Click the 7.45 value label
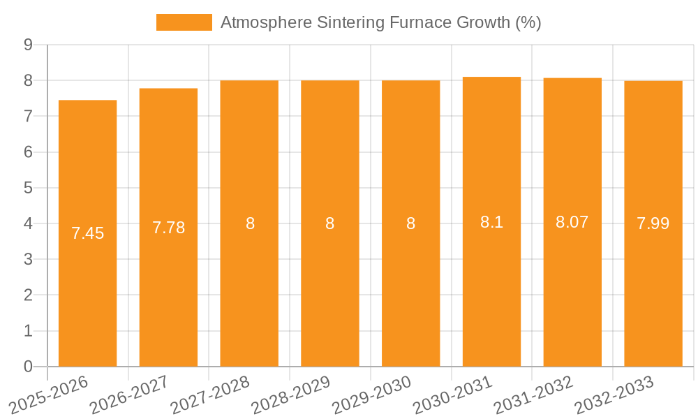tap(87, 233)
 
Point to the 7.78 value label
tap(168, 228)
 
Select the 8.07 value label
tap(572, 222)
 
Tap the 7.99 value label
tap(653, 223)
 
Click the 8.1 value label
tap(491, 222)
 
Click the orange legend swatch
tap(184, 22)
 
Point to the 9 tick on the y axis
tap(28, 45)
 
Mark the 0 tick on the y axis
tap(28, 367)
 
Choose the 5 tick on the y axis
tap(28, 188)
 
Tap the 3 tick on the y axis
tap(28, 259)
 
